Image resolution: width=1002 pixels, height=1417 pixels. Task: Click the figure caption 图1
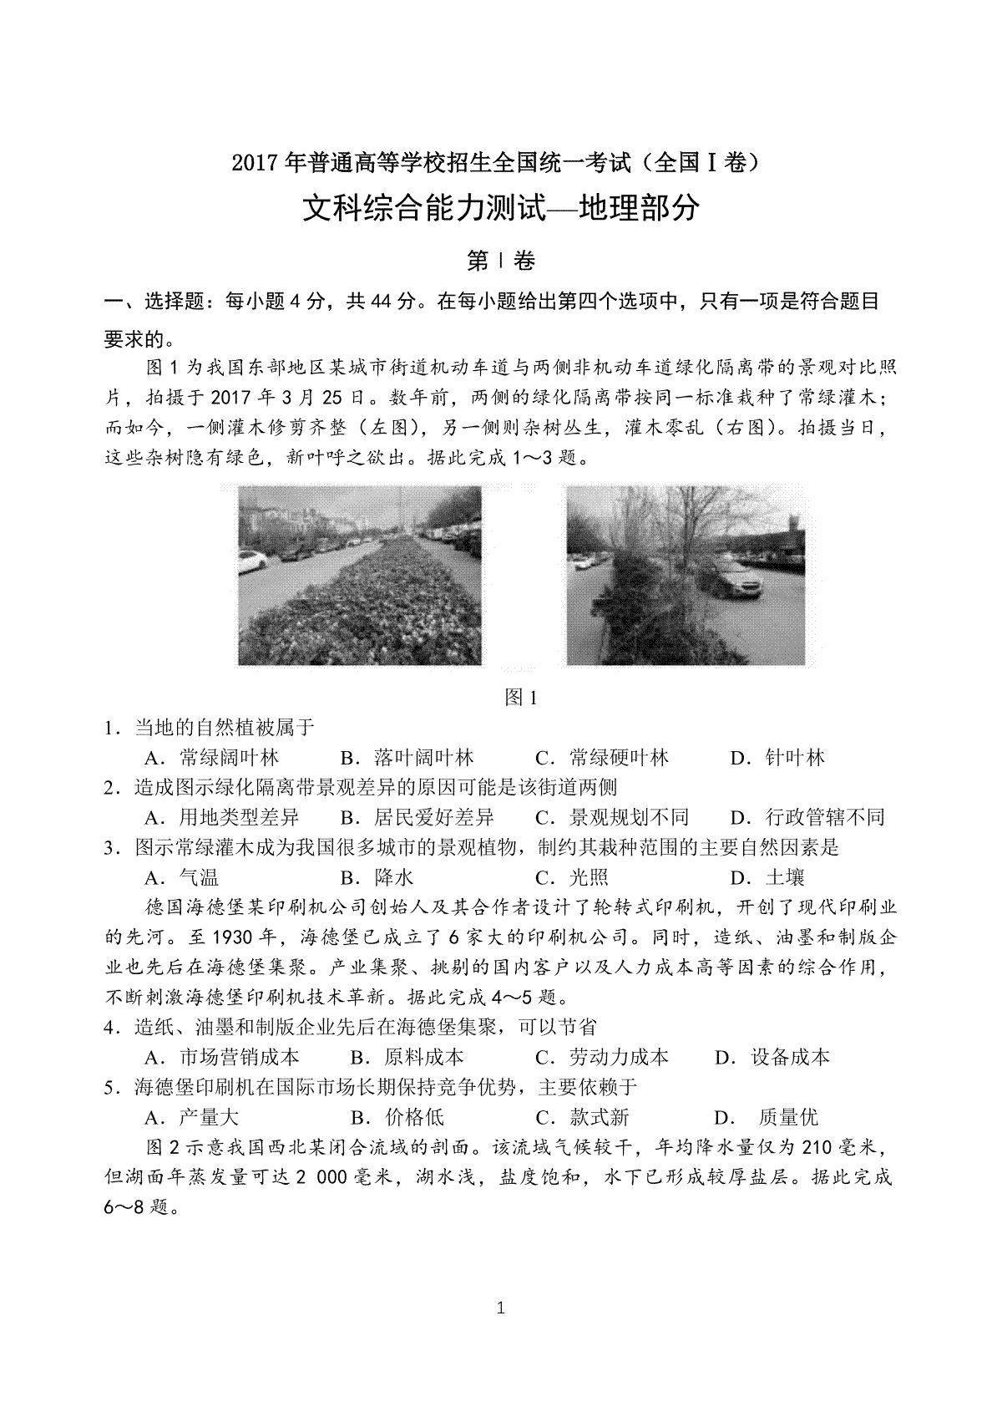point(520,698)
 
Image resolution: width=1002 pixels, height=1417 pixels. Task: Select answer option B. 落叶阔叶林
point(407,758)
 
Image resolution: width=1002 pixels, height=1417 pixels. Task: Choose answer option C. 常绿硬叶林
point(601,758)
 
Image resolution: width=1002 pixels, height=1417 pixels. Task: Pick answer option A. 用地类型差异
point(221,817)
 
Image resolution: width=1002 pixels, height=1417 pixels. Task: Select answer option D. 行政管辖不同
point(807,817)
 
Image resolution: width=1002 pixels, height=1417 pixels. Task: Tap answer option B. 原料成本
point(407,1057)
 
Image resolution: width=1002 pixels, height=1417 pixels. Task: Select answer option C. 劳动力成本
point(601,1057)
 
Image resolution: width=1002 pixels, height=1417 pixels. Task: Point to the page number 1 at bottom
point(500,1308)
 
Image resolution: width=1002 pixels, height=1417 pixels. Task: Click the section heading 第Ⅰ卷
point(500,262)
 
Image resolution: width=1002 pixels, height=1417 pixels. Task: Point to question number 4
point(109,1028)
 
